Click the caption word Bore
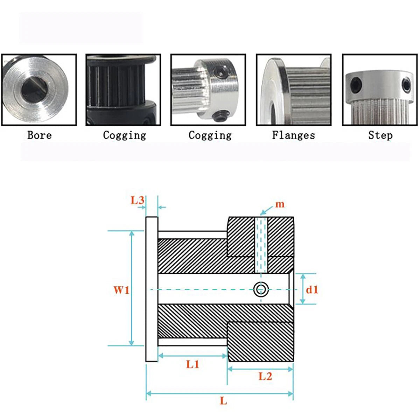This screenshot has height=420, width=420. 40,135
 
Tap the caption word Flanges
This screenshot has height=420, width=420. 294,135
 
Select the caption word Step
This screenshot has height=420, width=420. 380,135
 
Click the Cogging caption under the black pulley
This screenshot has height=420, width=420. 125,135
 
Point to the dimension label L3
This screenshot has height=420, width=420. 137,200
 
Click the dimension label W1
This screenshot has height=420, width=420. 121,290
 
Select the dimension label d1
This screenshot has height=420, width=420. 312,290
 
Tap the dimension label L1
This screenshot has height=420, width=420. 192,364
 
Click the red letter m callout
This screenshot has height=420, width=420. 280,205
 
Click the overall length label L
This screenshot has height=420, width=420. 224,401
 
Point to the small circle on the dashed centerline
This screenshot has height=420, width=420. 261,290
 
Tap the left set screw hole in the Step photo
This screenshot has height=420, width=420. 356,83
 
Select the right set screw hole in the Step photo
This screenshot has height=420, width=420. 406,85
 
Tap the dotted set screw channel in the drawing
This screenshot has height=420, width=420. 261,245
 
